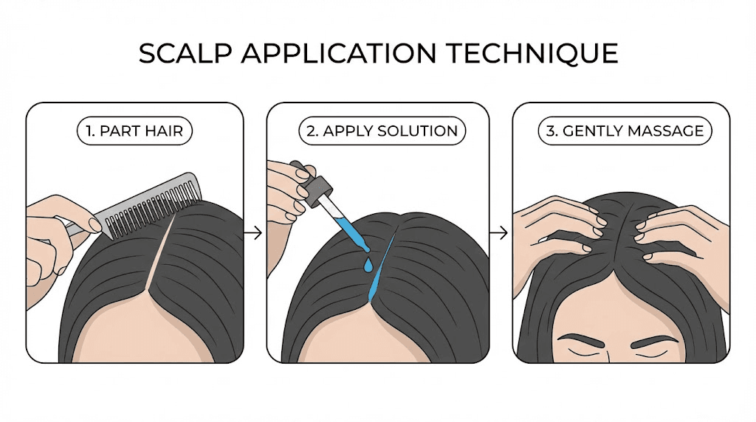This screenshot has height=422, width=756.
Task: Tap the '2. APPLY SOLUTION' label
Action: [x=382, y=132]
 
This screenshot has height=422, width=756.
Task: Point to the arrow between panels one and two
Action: [x=253, y=233]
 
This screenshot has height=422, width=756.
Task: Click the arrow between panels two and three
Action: [x=500, y=233]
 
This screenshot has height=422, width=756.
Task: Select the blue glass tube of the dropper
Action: [x=348, y=229]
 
